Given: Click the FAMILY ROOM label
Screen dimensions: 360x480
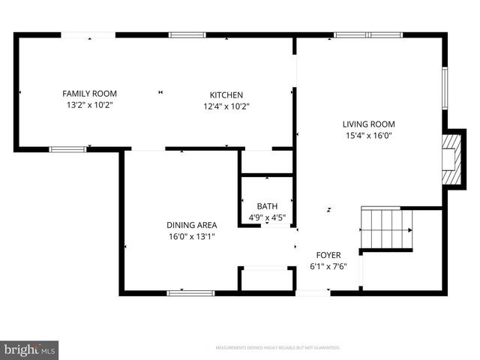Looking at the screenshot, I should click(89, 94).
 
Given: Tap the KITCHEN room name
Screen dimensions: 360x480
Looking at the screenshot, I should click(226, 94).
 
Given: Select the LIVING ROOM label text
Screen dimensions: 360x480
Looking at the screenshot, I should click(368, 124).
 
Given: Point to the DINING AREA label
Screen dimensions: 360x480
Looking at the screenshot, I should click(191, 225).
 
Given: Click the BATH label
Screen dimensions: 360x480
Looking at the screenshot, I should click(267, 206).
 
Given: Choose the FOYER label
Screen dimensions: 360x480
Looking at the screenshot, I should click(328, 255).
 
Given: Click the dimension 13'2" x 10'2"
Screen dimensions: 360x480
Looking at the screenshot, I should click(89, 106).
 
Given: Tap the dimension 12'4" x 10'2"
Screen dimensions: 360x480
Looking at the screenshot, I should click(226, 106).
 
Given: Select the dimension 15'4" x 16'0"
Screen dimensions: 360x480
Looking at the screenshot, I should click(368, 136).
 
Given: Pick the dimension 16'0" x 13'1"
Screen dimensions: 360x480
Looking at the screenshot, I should click(191, 236).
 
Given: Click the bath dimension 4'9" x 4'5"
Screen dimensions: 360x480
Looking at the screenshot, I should click(267, 217).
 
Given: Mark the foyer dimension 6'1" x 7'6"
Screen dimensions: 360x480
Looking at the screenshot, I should click(328, 266).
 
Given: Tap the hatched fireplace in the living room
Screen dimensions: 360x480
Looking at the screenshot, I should click(450, 158).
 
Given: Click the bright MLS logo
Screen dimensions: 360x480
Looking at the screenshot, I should click(30, 349).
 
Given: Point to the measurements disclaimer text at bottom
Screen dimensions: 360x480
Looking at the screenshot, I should click(277, 348).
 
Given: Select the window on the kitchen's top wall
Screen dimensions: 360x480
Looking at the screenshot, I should click(187, 34).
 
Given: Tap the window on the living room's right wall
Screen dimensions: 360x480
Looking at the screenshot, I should click(445, 88).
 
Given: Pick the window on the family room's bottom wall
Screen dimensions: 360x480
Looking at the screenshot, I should click(67, 149).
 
